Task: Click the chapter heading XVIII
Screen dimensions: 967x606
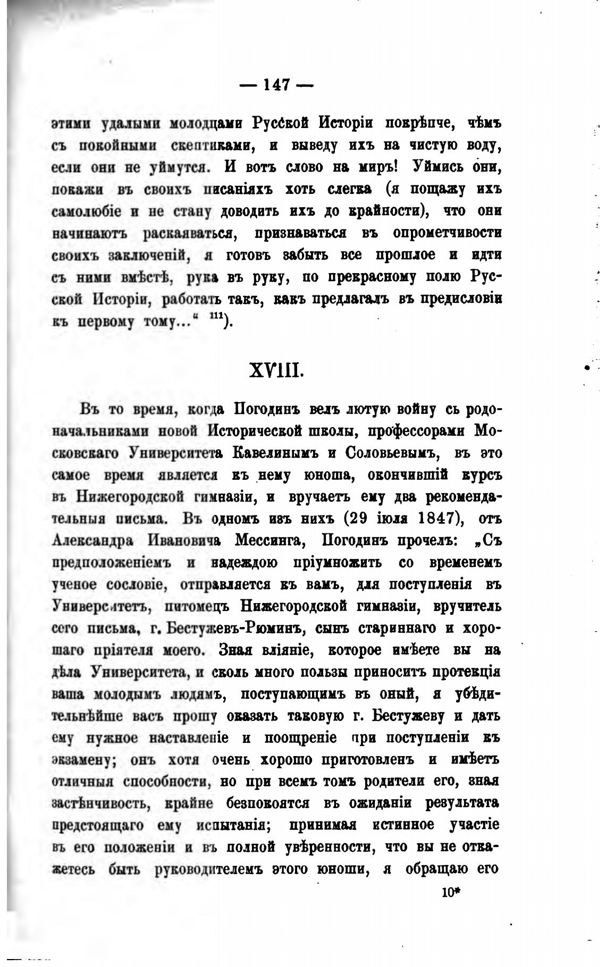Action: pyautogui.click(x=275, y=369)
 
